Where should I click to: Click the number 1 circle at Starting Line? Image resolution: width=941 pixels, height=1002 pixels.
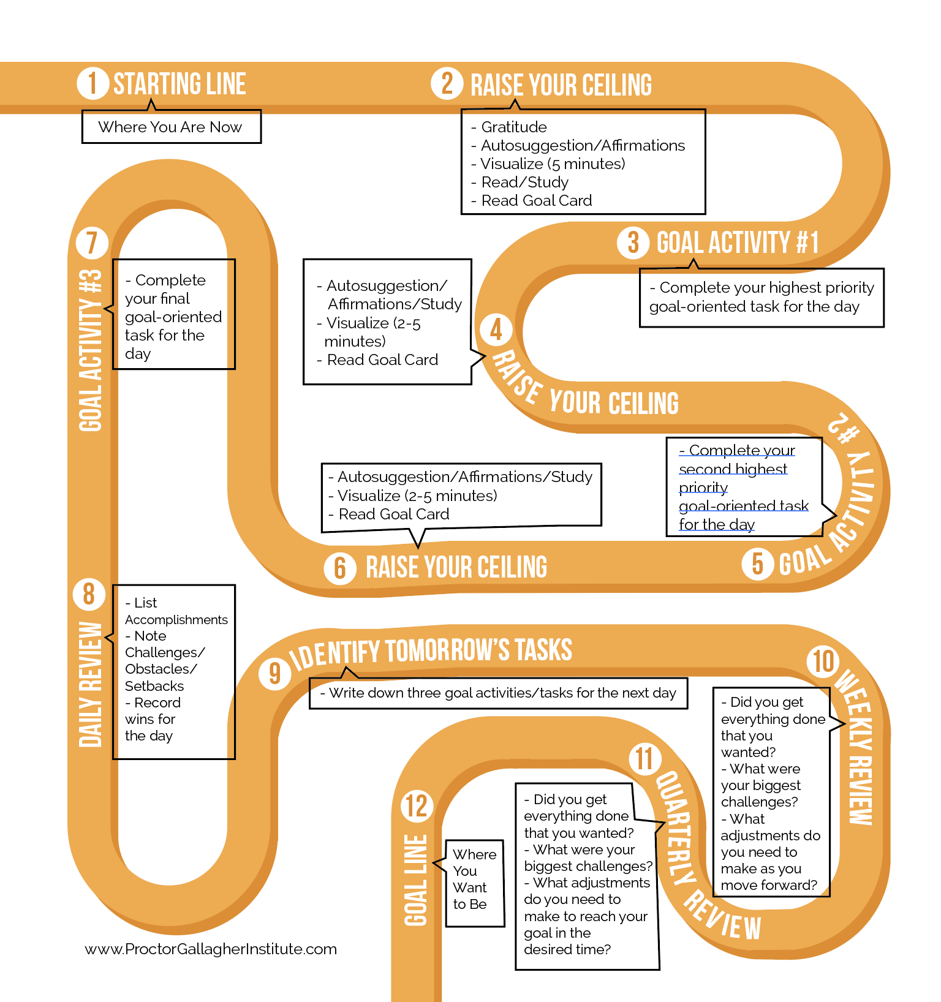[93, 83]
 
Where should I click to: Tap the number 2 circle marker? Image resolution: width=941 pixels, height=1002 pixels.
[447, 84]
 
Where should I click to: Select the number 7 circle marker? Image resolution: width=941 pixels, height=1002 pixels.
[92, 243]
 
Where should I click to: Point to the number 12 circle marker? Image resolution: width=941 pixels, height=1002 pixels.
[417, 806]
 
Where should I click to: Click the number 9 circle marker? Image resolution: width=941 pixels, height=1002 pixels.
[274, 673]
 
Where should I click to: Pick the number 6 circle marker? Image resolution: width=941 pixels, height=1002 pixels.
[340, 568]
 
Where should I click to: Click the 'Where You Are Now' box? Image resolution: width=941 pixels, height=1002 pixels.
[171, 127]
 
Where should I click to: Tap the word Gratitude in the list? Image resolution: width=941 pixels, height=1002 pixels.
[514, 127]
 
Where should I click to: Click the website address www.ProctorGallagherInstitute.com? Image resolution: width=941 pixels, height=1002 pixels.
[211, 949]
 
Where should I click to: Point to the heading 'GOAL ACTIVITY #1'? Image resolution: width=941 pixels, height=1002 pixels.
[738, 243]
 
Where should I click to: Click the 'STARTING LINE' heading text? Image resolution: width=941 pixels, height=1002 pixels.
[180, 84]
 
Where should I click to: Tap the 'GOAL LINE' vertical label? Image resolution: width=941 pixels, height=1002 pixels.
[416, 880]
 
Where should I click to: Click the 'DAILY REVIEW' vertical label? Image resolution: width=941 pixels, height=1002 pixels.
[91, 684]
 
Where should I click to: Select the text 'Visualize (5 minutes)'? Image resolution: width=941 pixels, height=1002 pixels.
[553, 164]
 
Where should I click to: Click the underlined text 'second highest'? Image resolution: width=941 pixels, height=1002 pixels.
[733, 469]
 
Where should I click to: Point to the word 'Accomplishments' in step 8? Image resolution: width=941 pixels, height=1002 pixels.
[176, 619]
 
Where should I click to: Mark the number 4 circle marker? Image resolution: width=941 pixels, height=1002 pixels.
[496, 330]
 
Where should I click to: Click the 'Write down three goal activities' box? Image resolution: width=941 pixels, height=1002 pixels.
[498, 693]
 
